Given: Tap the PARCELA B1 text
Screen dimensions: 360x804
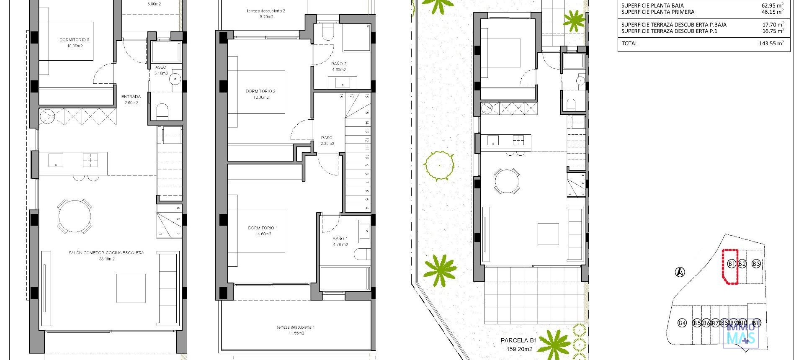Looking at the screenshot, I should pyautogui.click(x=518, y=340).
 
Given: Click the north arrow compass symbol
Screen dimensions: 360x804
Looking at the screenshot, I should pyautogui.click(x=680, y=272).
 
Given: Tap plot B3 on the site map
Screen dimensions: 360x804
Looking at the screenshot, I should pyautogui.click(x=756, y=264).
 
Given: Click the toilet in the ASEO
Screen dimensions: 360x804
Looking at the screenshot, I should pyautogui.click(x=162, y=111).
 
